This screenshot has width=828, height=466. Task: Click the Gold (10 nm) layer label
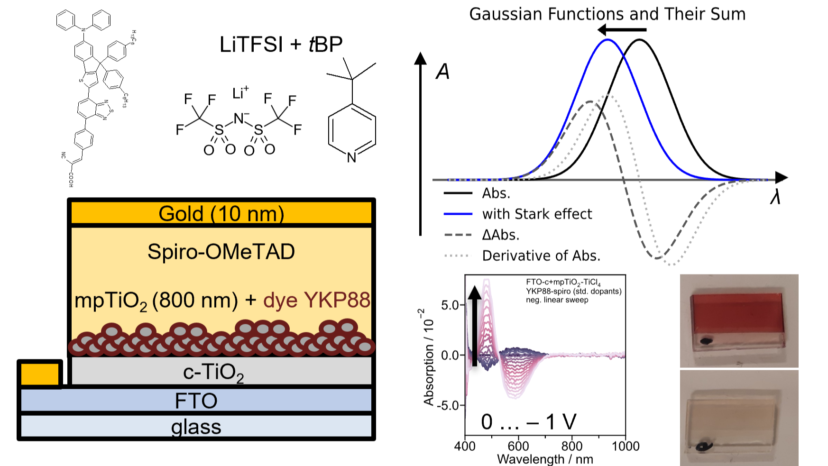221,214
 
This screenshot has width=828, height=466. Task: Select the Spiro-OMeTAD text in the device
221,252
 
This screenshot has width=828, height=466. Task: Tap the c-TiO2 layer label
213,373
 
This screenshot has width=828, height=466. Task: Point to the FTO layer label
196,401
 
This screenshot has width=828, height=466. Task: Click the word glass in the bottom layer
196,427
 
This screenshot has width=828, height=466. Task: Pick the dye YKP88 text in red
316,300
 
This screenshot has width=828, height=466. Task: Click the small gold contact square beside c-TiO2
40,374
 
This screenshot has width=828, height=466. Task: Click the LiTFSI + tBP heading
281,45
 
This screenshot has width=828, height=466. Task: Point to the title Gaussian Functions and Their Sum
607,14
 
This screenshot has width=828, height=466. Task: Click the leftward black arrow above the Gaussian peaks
621,30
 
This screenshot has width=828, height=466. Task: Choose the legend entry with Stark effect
537,214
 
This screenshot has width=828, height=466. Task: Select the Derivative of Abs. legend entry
541,256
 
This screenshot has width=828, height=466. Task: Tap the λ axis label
775,197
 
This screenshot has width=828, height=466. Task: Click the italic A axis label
442,72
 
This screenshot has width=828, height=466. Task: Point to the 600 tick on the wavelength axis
518,446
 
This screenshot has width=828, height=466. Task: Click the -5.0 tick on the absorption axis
450,406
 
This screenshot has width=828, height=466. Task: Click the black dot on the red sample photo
705,340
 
